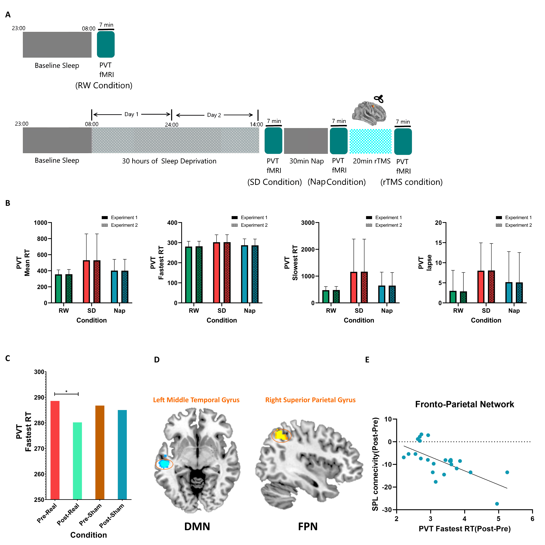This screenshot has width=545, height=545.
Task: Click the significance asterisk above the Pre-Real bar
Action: click(66, 391)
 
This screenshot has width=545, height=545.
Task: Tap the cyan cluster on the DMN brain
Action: click(164, 464)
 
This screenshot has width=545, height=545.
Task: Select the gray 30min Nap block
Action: click(306, 141)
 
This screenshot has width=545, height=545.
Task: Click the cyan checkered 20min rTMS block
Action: click(370, 141)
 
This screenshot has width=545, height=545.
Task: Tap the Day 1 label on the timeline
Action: click(131, 114)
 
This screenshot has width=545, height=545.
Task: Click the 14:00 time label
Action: click(256, 124)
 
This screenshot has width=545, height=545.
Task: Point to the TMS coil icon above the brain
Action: click(379, 99)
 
